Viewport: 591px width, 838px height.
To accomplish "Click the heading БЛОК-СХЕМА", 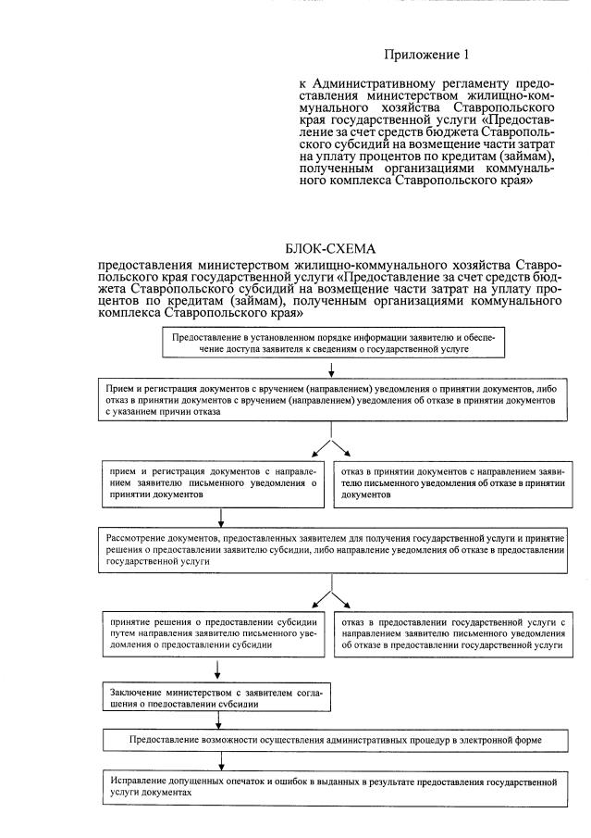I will [x=334, y=248].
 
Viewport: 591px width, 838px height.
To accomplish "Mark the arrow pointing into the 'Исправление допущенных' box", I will [x=218, y=761].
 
